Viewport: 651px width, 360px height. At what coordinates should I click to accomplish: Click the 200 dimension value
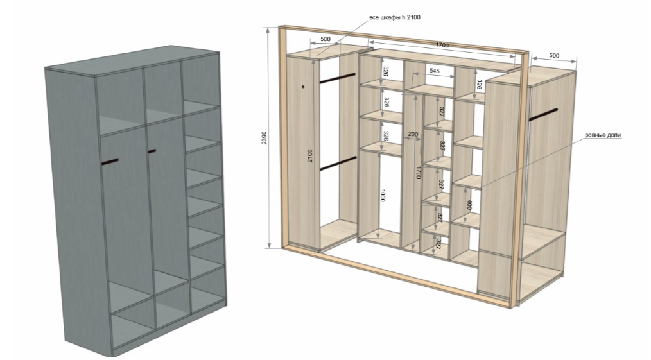pyautogui.click(x=413, y=135)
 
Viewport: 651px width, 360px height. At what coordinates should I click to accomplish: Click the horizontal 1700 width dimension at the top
pyautogui.click(x=441, y=46)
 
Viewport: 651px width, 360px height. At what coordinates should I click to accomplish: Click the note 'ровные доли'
pyautogui.click(x=603, y=135)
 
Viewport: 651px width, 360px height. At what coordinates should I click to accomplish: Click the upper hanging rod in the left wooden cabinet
pyautogui.click(x=338, y=78)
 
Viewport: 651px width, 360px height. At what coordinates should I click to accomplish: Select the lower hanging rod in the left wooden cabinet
pyautogui.click(x=338, y=164)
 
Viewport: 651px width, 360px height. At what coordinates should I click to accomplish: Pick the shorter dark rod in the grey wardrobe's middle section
pyautogui.click(x=152, y=151)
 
